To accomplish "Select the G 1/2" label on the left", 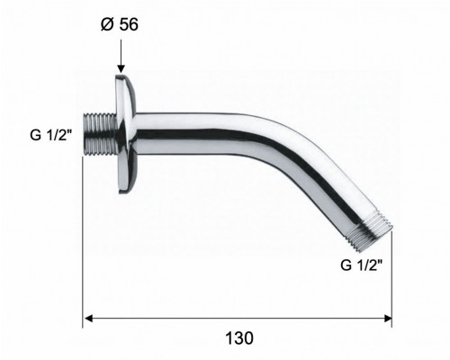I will (x=49, y=138).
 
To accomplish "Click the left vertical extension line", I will (x=84, y=252).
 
